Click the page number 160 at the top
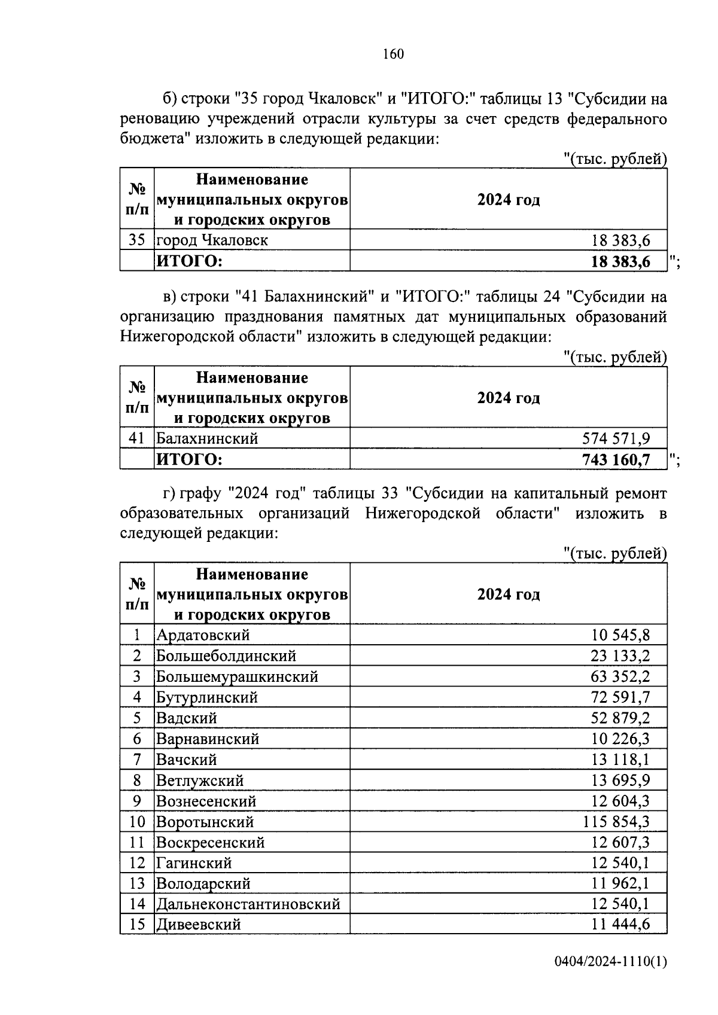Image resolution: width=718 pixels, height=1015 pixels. coord(393,54)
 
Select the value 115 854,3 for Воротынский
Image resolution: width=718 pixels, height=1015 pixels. coord(616,822)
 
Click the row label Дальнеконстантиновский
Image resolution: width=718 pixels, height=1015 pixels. coord(248,904)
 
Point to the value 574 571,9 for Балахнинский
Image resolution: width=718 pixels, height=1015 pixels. coord(616,438)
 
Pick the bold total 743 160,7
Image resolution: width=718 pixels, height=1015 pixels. coord(616,459)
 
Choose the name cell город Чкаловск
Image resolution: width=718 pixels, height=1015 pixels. coord(212,240)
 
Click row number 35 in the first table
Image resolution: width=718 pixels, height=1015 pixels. coord(137,240)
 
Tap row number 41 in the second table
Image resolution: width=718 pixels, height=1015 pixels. coord(137,438)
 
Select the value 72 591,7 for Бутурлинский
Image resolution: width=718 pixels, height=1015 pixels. coord(620,697)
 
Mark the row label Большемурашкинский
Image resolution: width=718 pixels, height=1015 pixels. coord(237,676)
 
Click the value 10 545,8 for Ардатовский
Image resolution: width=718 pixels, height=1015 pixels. coord(620,635)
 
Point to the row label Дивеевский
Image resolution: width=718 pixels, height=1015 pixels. coord(199,925)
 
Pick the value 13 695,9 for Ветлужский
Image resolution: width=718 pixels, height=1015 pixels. coord(620,781)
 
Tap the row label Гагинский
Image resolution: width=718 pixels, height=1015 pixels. coord(194,862)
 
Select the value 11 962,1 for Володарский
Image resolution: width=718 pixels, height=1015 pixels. coord(620,883)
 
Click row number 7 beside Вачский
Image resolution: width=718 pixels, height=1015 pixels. coord(137,760)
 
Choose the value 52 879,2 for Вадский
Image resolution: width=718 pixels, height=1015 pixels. coord(620,718)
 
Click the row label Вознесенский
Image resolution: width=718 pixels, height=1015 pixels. coord(206,801)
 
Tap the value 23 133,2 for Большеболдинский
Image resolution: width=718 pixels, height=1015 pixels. coord(620,656)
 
